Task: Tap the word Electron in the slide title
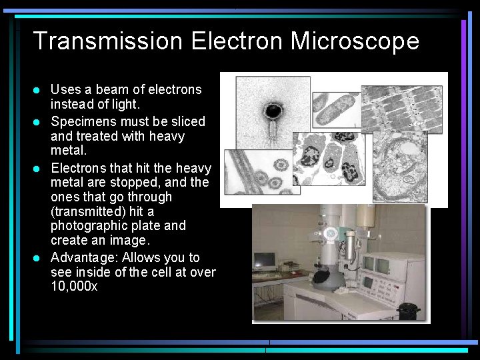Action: (236, 41)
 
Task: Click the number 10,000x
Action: (74, 287)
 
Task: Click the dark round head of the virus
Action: (272, 110)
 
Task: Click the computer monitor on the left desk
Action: (265, 260)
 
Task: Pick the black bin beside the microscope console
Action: (407, 311)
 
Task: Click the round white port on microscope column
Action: (330, 233)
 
